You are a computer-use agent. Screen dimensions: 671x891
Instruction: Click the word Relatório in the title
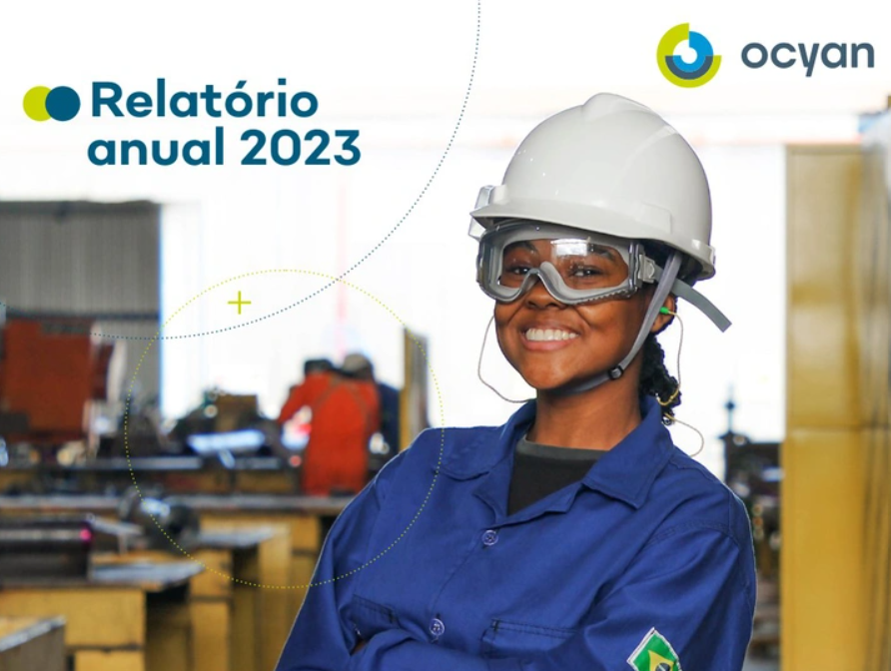pyautogui.click(x=205, y=101)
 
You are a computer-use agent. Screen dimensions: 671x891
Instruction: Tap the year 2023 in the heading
pyautogui.click(x=301, y=148)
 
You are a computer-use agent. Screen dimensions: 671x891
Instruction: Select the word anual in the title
pyautogui.click(x=156, y=148)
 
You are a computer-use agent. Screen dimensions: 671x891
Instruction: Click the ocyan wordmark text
pyautogui.click(x=806, y=56)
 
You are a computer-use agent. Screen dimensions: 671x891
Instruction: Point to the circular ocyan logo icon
pyautogui.click(x=688, y=55)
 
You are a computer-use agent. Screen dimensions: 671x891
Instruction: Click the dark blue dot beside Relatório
pyautogui.click(x=63, y=103)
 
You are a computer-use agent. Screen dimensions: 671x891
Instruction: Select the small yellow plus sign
pyautogui.click(x=239, y=302)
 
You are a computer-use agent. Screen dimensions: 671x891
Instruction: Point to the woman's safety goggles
pyautogui.click(x=564, y=262)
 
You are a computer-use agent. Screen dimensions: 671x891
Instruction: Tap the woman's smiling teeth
pyautogui.click(x=550, y=335)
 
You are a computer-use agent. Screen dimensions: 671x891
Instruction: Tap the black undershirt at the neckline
pyautogui.click(x=544, y=469)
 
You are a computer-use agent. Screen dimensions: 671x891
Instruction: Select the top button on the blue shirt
pyautogui.click(x=488, y=536)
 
